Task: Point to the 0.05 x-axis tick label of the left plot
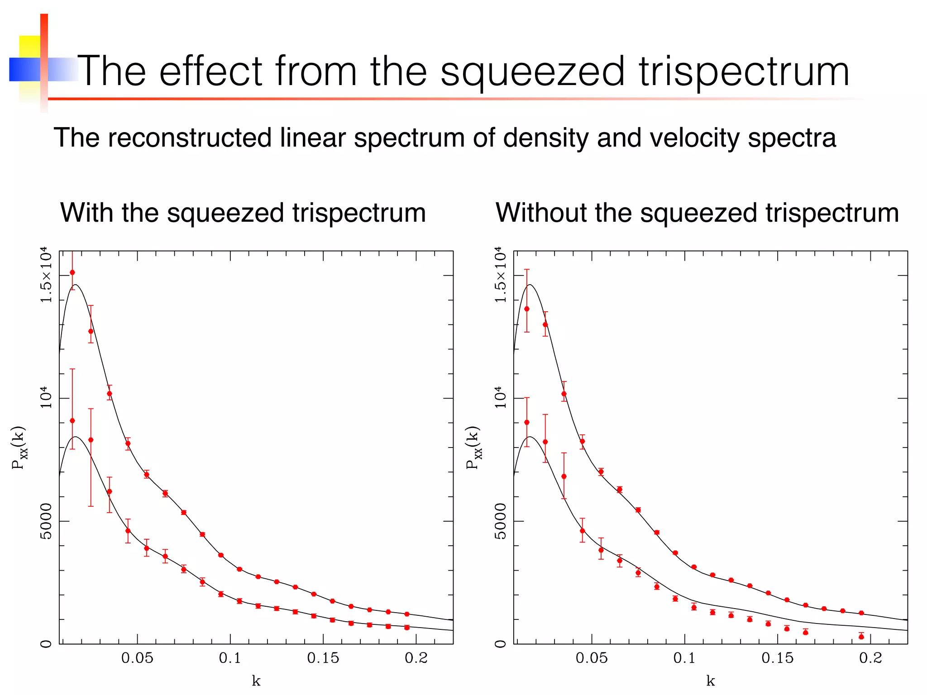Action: coord(137,658)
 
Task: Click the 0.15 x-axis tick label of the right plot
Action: coord(777,658)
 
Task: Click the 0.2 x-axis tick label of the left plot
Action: coord(416,658)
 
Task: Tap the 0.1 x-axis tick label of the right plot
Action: coord(684,658)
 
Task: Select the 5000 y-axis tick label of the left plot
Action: coord(46,521)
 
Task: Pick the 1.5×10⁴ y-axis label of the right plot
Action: coord(500,275)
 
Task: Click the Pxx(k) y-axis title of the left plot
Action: coord(19,447)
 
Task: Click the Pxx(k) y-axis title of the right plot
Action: coord(473,447)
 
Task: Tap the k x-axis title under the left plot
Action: coord(256,681)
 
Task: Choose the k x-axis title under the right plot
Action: coord(710,681)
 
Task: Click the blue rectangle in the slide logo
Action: coord(24,69)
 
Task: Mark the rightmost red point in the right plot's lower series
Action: coord(861,637)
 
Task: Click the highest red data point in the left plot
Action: coord(72,272)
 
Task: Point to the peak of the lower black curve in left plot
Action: coord(76,437)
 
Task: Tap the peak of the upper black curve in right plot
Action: coord(530,285)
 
